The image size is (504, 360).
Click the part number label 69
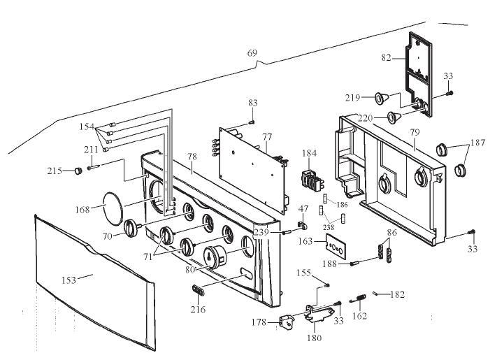click(252, 53)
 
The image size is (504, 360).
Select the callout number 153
click(69, 279)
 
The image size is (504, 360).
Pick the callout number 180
click(315, 338)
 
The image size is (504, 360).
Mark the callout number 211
click(91, 149)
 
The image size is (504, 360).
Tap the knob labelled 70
click(131, 229)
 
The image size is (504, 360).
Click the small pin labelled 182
click(378, 293)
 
